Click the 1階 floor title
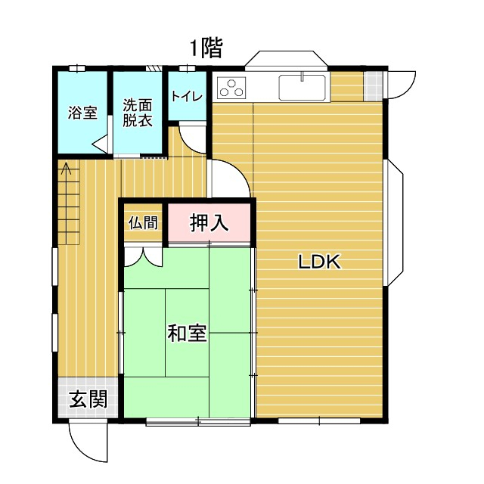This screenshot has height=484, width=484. pyautogui.click(x=206, y=48)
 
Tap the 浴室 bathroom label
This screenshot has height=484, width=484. pyautogui.click(x=82, y=113)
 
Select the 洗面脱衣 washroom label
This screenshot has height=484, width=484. pyautogui.click(x=138, y=113)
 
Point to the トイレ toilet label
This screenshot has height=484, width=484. pyautogui.click(x=187, y=96)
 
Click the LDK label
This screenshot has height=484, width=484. pyautogui.click(x=319, y=262)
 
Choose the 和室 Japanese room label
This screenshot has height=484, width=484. pyautogui.click(x=187, y=333)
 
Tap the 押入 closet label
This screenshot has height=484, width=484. pyautogui.click(x=209, y=222)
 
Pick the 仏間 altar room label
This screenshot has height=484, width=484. pyautogui.click(x=143, y=222)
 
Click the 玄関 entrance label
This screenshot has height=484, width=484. pyautogui.click(x=88, y=399)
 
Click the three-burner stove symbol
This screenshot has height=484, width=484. pyautogui.click(x=231, y=88)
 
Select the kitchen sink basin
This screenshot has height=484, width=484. pyautogui.click(x=302, y=88)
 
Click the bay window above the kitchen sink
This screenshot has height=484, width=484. pyautogui.click(x=286, y=58)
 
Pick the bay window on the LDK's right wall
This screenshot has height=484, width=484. pyautogui.click(x=393, y=222)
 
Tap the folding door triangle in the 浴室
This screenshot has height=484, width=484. pyautogui.click(x=100, y=144)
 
